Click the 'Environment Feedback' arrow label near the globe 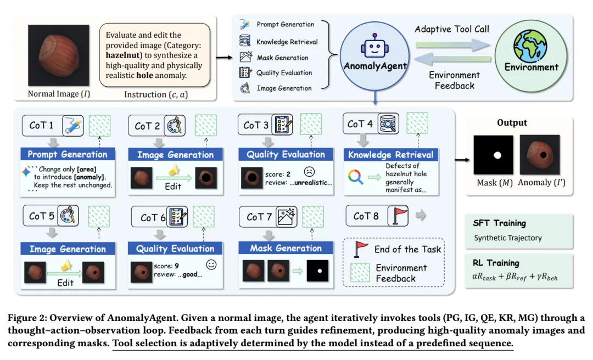[x=454, y=80]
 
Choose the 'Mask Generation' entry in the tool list [x=282, y=58]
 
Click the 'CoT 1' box [x=42, y=125]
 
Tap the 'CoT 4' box [x=360, y=124]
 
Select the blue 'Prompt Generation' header [x=68, y=155]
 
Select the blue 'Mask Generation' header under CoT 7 [x=287, y=248]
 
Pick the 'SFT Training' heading [x=499, y=223]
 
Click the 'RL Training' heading [x=495, y=263]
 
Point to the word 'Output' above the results [x=512, y=123]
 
